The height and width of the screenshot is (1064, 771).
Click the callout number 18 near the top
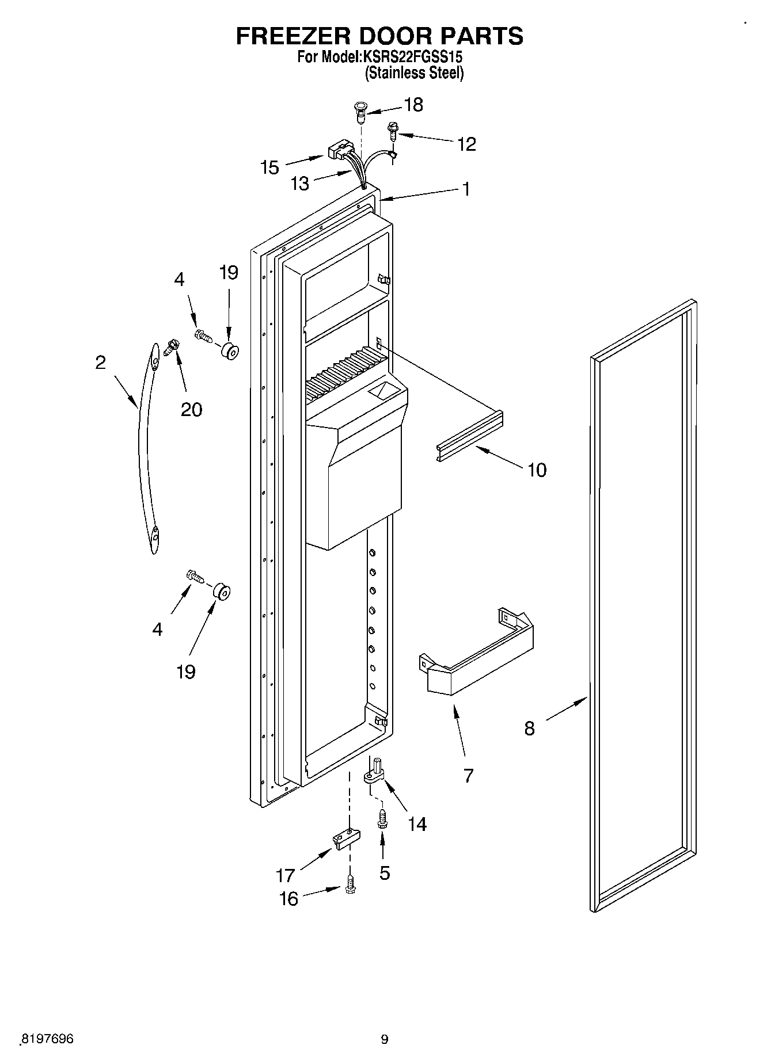pos(413,105)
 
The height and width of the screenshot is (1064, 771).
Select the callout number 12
pos(466,144)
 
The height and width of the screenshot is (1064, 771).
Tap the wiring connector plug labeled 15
pos(337,152)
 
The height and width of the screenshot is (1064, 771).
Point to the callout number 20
pos(191,409)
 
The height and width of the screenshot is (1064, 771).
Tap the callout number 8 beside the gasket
pos(529,729)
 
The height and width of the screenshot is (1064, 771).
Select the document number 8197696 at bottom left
pos(47,1039)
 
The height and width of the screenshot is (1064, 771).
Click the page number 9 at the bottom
pos(385,1039)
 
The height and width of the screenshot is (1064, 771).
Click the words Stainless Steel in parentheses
pos(415,73)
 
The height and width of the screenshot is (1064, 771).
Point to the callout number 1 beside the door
pos(466,189)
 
